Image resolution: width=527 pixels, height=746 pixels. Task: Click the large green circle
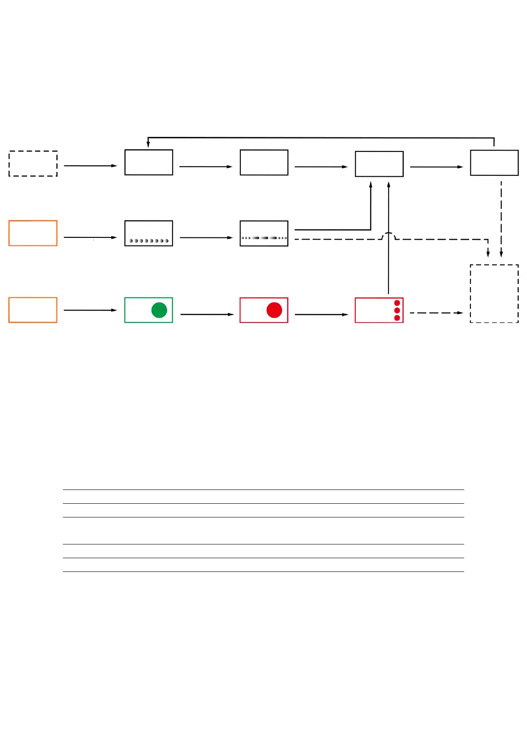point(159,310)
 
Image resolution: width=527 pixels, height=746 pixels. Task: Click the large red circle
point(274,310)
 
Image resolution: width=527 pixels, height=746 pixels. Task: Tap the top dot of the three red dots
point(397,303)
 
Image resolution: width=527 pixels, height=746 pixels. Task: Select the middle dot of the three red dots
point(397,311)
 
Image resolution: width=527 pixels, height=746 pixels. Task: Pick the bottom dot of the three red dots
point(397,318)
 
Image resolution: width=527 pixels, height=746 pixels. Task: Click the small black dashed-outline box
point(33,163)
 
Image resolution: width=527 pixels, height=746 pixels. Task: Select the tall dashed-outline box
point(494,294)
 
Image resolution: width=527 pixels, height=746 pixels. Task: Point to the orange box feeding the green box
point(33,310)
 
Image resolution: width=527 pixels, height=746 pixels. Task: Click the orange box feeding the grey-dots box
point(33,233)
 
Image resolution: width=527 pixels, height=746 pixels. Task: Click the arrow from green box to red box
point(207,314)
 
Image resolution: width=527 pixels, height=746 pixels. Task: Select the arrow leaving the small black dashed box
point(90,166)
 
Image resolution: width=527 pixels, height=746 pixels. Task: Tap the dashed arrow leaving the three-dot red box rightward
point(436,313)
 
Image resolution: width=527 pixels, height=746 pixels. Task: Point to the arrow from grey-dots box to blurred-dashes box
point(206,237)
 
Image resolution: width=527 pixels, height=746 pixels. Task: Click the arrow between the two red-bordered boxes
point(321,314)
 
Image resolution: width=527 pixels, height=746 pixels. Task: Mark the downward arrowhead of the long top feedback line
point(148,144)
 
